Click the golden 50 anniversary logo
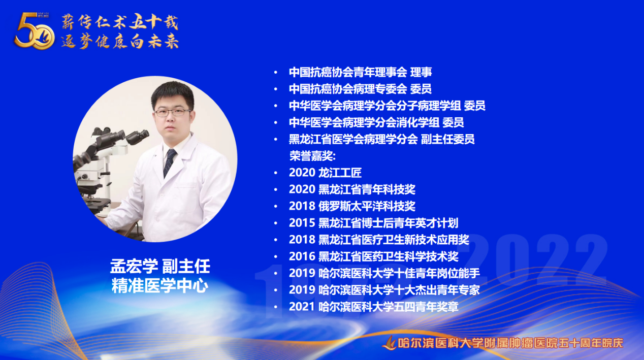click(x=35, y=31)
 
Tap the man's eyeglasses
click(x=173, y=112)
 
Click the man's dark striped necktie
click(x=169, y=163)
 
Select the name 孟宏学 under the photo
click(x=134, y=266)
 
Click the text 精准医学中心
click(x=160, y=285)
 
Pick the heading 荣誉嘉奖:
click(x=312, y=156)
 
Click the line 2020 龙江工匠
click(x=325, y=173)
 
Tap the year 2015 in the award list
click(x=302, y=223)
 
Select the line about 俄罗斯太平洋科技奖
click(x=352, y=207)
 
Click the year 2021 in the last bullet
click(x=302, y=307)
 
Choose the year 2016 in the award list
click(x=302, y=256)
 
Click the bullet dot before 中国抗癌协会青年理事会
click(x=276, y=73)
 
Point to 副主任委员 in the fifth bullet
click(x=447, y=140)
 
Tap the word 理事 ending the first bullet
click(x=421, y=72)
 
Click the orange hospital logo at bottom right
click(x=390, y=343)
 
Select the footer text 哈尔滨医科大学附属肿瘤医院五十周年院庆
click(x=510, y=343)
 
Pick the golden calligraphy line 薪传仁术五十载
click(x=120, y=21)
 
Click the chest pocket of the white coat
click(x=186, y=199)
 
